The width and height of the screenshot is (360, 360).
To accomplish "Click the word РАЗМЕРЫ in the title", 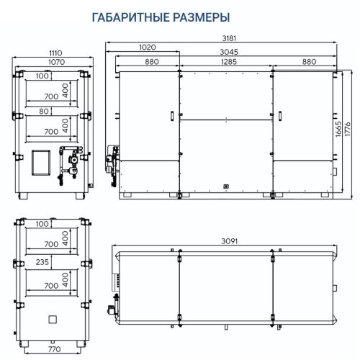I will pyautogui.click(x=199, y=16).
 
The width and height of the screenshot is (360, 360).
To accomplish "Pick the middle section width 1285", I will pyautogui.click(x=225, y=63).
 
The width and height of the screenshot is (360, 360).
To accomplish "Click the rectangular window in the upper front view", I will pyautogui.click(x=42, y=161).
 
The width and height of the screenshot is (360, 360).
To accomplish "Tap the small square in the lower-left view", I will pyautogui.click(x=51, y=319).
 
